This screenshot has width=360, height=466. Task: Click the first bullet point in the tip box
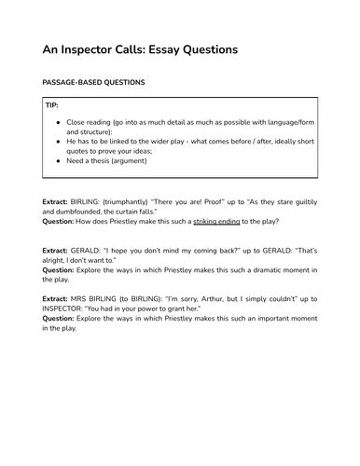click(61, 123)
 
